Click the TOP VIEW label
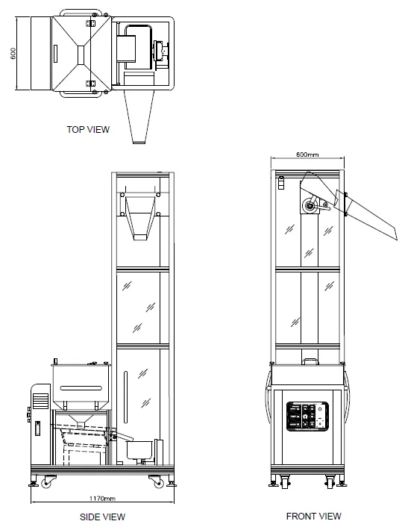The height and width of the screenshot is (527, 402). click(88, 129)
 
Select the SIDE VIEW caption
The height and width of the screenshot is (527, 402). click(102, 517)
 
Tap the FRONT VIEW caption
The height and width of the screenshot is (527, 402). click(313, 516)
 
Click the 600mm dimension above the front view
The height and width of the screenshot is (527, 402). click(307, 155)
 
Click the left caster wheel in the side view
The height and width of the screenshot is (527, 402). click(46, 484)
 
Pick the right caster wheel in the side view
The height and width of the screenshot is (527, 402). click(158, 484)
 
